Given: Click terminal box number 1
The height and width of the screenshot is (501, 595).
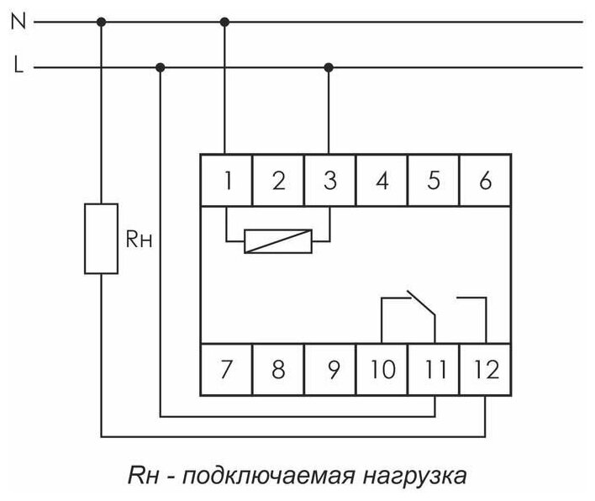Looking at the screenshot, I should [227, 179].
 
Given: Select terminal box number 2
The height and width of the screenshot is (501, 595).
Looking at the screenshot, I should [278, 179].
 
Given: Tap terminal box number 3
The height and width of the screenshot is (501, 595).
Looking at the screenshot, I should [330, 179].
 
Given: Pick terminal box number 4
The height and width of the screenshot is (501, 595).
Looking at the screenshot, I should [382, 179].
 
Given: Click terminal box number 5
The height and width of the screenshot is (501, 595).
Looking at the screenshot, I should [434, 179].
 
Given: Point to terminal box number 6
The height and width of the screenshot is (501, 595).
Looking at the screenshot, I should [485, 179].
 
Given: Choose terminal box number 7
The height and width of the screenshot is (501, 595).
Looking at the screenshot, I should [227, 368].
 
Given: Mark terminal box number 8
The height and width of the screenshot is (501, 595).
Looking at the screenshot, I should [278, 368].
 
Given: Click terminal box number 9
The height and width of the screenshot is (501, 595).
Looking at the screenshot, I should [330, 368].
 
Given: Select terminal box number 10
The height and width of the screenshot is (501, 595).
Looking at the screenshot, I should [382, 368].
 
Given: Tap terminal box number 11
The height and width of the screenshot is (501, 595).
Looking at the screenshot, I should [434, 368].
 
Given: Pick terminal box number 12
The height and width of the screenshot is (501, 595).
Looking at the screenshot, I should [485, 368].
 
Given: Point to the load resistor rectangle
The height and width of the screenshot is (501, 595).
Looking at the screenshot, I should [101, 238].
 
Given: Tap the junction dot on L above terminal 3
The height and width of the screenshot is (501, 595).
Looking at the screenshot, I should [329, 66].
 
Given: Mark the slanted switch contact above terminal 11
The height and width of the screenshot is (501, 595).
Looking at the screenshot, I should [422, 304].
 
